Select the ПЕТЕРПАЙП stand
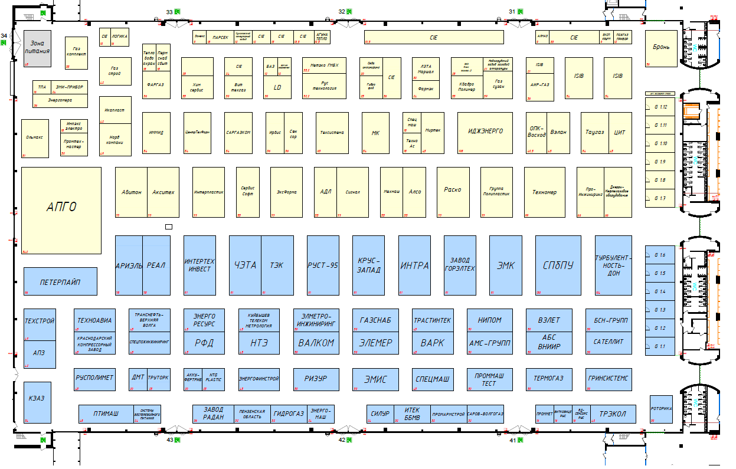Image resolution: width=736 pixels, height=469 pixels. point(60,281)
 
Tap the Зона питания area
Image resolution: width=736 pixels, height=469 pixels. point(37,48)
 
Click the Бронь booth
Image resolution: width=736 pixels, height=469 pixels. point(660,47)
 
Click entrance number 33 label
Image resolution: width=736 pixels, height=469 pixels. point(170,12)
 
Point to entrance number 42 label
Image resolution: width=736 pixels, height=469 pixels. point(342,440)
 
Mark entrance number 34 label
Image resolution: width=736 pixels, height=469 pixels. point(4,37)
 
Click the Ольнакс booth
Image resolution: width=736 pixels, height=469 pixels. point(35,138)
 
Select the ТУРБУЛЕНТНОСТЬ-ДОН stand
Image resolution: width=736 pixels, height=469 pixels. point(614,265)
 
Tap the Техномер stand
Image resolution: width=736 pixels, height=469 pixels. point(544,192)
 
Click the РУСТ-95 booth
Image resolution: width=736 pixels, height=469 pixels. point(323,265)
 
